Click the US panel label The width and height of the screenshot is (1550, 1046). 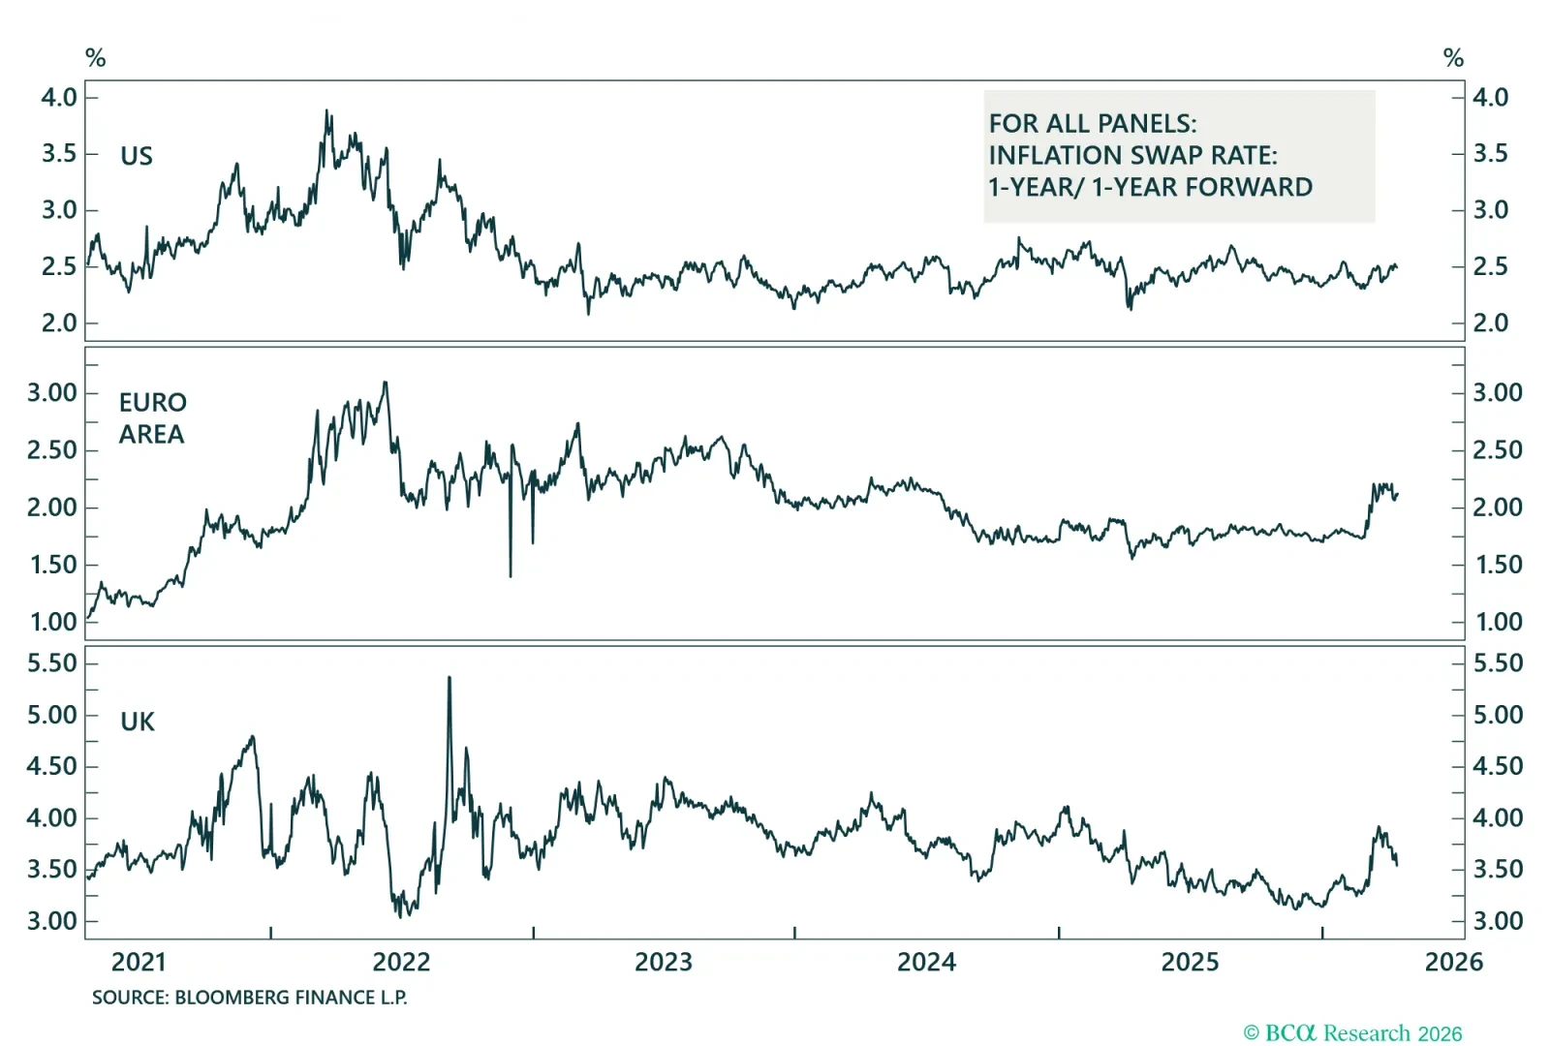[136, 156]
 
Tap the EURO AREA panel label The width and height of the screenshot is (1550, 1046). [152, 417]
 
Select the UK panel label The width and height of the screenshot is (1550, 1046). [138, 722]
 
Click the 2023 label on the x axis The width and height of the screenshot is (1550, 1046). [664, 962]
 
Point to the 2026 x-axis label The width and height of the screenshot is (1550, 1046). [1453, 962]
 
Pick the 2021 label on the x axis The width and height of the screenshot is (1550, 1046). [139, 962]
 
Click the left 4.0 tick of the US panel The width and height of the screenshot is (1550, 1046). [59, 97]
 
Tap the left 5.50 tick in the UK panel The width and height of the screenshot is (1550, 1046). [52, 662]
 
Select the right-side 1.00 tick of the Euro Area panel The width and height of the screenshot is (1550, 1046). [1498, 622]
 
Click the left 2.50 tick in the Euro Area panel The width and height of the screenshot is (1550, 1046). [52, 450]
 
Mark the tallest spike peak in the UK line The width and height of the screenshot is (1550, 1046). [449, 678]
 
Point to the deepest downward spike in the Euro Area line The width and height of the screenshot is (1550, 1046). [511, 575]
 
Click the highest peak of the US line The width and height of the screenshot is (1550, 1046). [326, 111]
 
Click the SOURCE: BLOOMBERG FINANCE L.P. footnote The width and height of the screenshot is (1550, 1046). [249, 998]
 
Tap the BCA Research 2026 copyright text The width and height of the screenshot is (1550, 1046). [1352, 1033]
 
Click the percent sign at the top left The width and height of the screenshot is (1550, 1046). [95, 58]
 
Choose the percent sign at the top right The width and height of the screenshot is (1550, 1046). [1453, 58]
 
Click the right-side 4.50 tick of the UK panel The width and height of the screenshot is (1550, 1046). [1498, 766]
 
